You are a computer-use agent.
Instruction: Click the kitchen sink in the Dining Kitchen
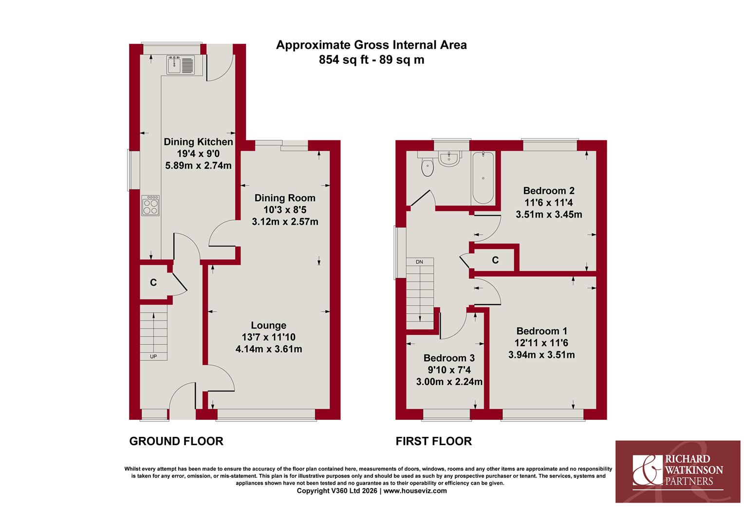[x=181, y=65]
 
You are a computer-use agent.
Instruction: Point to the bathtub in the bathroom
[x=483, y=178]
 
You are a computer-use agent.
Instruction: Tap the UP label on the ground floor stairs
[x=153, y=357]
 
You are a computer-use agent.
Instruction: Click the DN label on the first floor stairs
[x=420, y=262]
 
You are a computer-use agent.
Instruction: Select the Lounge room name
[x=268, y=325]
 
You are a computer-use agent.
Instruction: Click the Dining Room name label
[x=285, y=198]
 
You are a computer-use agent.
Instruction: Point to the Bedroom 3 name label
[x=449, y=358]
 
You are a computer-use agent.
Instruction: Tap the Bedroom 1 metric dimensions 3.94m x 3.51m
[x=541, y=355]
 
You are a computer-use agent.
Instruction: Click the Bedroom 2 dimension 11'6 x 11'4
[x=549, y=202]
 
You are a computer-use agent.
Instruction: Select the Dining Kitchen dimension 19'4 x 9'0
[x=198, y=153]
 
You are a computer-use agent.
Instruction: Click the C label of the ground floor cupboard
[x=153, y=282]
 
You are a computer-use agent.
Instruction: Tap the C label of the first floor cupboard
[x=495, y=260]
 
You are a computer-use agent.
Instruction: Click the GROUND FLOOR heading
[x=176, y=441]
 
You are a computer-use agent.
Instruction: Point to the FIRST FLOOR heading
[x=433, y=441]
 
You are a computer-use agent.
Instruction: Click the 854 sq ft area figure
[x=344, y=60]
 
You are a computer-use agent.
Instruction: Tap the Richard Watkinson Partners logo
[x=678, y=471]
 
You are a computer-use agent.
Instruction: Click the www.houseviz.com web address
[x=415, y=491]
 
